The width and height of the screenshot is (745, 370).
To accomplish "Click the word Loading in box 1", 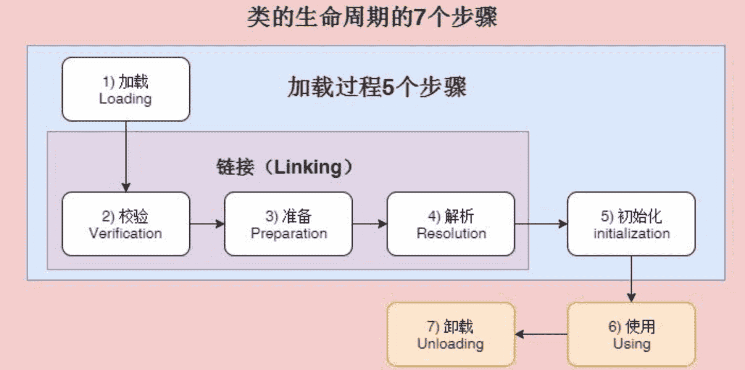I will pos(125,99).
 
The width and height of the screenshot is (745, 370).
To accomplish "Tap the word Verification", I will pos(126,233).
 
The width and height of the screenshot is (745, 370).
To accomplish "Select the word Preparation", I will pos(289,233).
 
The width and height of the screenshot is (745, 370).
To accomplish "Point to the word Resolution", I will pos(452,233).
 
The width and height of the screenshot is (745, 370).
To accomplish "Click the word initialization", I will pos(632,233).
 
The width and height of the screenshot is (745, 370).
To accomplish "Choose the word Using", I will pos(632,344).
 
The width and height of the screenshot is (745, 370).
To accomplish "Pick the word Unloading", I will pos(451,344).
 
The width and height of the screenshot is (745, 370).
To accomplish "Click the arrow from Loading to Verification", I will pos(126,156).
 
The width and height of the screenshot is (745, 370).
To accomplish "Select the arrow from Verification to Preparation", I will pos(207,224).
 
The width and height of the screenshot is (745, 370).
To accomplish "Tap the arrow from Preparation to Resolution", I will pos(369,224).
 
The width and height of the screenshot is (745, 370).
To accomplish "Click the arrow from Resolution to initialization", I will pos(541,224).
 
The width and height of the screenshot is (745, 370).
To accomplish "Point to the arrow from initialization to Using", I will pos(631,279).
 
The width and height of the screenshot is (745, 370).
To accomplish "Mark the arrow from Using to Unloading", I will pos(541,335).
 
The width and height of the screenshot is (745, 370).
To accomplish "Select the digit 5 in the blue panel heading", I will pos(387,87).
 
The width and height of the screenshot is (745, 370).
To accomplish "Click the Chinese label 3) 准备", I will pos(289,216).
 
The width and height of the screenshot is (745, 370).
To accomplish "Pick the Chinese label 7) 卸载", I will pos(450,327).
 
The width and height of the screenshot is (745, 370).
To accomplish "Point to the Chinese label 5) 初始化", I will pos(631,216).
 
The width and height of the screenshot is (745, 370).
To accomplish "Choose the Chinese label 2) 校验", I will pos(125,216).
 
